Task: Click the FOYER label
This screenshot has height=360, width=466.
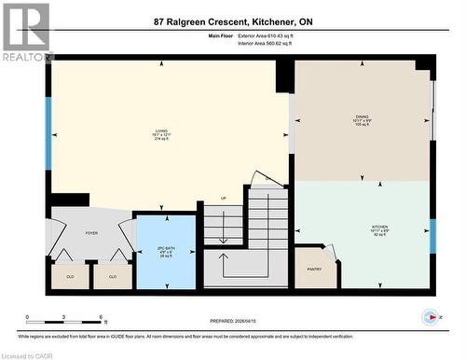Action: tap(91, 233)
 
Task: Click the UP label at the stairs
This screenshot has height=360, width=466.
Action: tap(223, 199)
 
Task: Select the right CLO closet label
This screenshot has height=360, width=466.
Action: tap(113, 276)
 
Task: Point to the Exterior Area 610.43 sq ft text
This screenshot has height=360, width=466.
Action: tap(271, 36)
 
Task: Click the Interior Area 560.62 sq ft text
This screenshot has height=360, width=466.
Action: tap(271, 44)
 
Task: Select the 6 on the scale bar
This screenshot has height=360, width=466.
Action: tap(100, 317)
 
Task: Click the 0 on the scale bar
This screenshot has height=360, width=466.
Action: tap(27, 317)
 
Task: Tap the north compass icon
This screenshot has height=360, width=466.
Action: tap(430, 316)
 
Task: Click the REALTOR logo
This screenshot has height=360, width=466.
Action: tap(26, 33)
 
